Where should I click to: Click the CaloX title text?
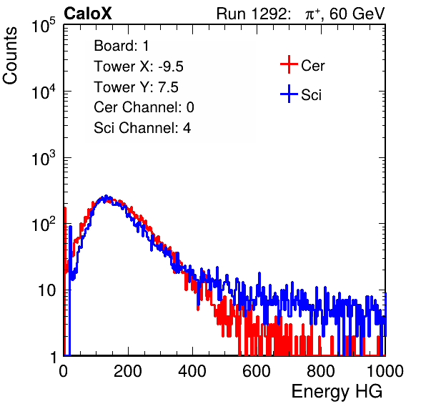[x=88, y=14]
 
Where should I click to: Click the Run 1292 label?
[x=252, y=14]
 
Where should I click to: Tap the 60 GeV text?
[x=357, y=14]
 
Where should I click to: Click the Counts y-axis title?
[x=10, y=56]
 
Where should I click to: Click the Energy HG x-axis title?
[x=337, y=392]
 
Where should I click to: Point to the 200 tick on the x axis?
[x=128, y=371]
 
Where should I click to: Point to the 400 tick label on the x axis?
[x=192, y=371]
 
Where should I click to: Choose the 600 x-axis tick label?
[x=257, y=371]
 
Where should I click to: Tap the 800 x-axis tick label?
[x=321, y=371]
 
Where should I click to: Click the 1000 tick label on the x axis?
[x=385, y=371]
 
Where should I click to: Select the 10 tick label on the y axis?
[x=46, y=290]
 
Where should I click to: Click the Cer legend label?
[x=312, y=66]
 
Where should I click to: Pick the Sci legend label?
[x=312, y=94]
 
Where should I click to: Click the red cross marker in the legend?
[x=289, y=64]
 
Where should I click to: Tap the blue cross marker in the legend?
[x=289, y=94]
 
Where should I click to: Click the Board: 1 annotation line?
[x=122, y=46]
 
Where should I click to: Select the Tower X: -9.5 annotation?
[x=139, y=66]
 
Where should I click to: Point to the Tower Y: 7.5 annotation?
[x=136, y=87]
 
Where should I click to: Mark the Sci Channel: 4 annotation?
[x=142, y=128]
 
